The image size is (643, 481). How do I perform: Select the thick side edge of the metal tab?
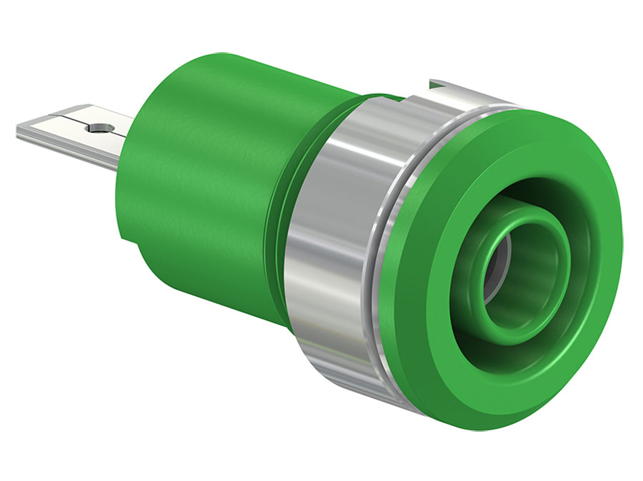point(64,141)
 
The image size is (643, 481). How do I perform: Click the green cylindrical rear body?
point(207,178)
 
